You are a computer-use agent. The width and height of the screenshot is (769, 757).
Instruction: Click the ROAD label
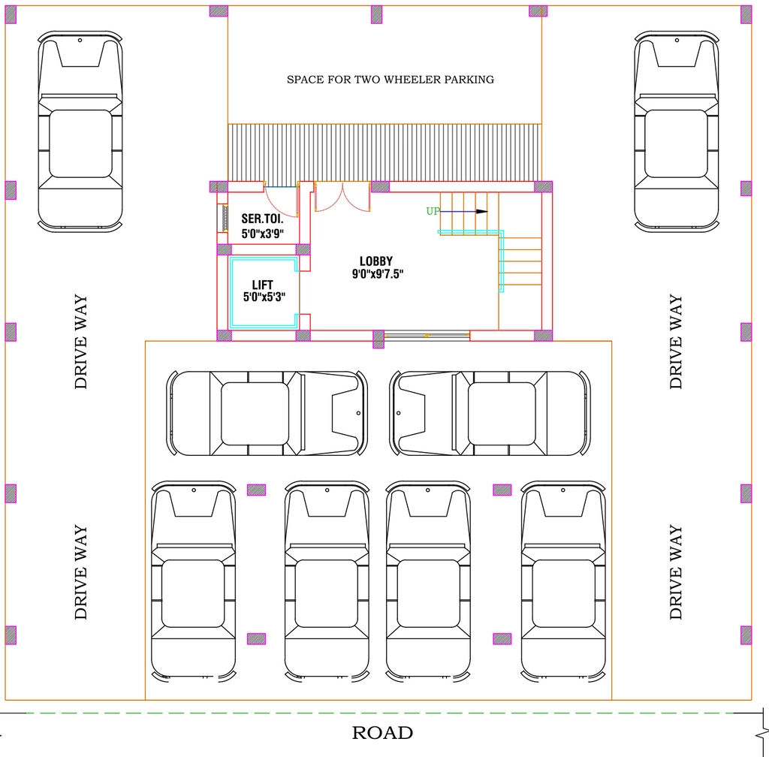pos(382,733)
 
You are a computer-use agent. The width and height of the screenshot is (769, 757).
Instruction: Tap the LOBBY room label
pos(376,261)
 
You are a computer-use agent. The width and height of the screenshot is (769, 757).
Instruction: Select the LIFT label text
pos(262,285)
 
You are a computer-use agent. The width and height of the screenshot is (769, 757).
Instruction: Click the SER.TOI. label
pos(262,219)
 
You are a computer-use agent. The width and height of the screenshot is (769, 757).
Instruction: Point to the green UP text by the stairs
pos(433,211)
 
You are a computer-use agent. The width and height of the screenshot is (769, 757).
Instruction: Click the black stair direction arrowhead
pos(481,211)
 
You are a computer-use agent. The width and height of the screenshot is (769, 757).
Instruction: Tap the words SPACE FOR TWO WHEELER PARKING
pos(391,80)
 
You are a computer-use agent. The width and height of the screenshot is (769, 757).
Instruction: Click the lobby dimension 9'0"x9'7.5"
pos(378,274)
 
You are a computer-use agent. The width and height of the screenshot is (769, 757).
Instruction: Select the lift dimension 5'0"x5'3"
pos(264,297)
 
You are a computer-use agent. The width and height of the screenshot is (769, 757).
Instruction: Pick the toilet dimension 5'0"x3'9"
pos(263,234)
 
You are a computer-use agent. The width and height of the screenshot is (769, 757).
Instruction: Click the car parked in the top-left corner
pos(80,131)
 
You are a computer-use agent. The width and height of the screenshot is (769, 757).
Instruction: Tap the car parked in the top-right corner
pos(677,131)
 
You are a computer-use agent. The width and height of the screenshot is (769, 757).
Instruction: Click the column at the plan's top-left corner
pos(11,15)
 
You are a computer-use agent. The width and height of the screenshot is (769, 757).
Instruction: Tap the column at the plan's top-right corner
pos(746,15)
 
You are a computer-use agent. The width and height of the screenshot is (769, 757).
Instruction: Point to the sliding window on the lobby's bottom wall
pos(427,336)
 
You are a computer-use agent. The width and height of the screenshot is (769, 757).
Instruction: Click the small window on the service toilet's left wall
pos(223,218)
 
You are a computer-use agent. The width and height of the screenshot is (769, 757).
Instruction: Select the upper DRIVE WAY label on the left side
pos(81,342)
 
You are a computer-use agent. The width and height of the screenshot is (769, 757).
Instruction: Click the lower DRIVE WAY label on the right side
pos(676,572)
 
